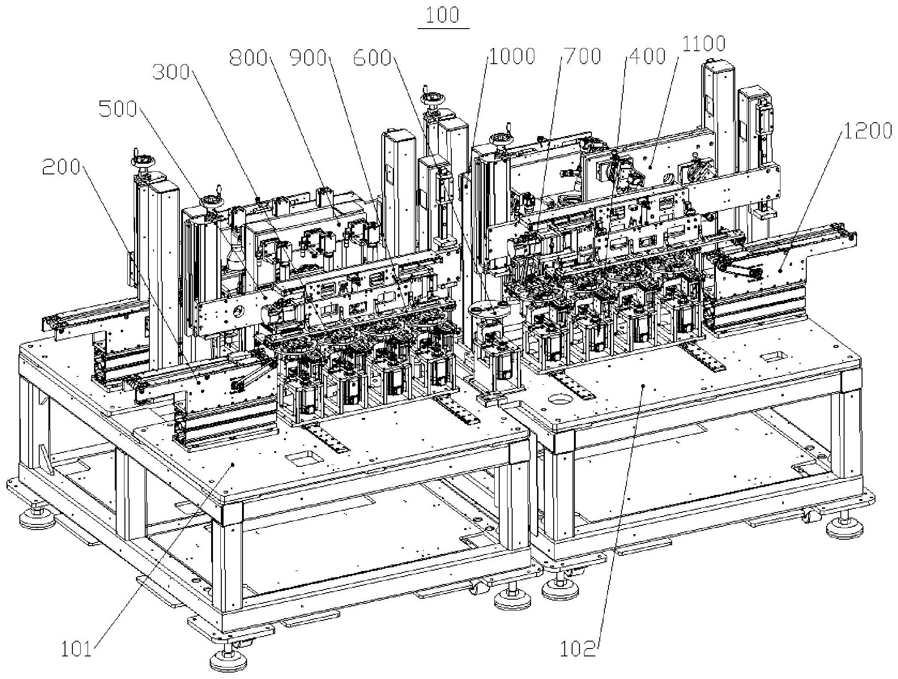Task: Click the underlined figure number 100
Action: point(443,16)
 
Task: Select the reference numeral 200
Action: point(61,167)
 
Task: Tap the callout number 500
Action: point(118,109)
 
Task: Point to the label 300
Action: point(171,72)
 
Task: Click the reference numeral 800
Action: point(248,58)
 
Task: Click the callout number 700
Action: point(581,56)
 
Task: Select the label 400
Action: point(646,56)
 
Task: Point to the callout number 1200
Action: point(868,131)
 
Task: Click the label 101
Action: point(77,650)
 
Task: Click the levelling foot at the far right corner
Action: point(845,526)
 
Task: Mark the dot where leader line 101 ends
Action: point(233,464)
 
